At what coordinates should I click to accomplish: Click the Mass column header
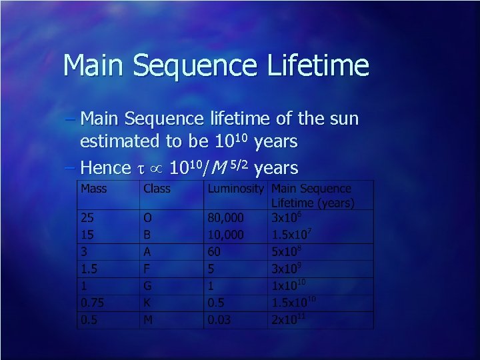93,189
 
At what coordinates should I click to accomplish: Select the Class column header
157,189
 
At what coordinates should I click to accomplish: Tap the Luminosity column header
235,189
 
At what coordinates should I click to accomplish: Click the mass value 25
87,217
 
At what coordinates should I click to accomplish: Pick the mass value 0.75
93,303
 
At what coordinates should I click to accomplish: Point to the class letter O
148,217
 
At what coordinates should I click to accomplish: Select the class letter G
148,286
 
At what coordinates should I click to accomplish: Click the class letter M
148,320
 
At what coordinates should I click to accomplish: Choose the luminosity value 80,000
226,217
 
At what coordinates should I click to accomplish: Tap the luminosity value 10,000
226,235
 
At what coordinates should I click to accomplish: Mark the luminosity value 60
215,251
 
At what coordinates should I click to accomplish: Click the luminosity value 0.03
220,320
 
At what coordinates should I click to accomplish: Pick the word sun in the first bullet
345,119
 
